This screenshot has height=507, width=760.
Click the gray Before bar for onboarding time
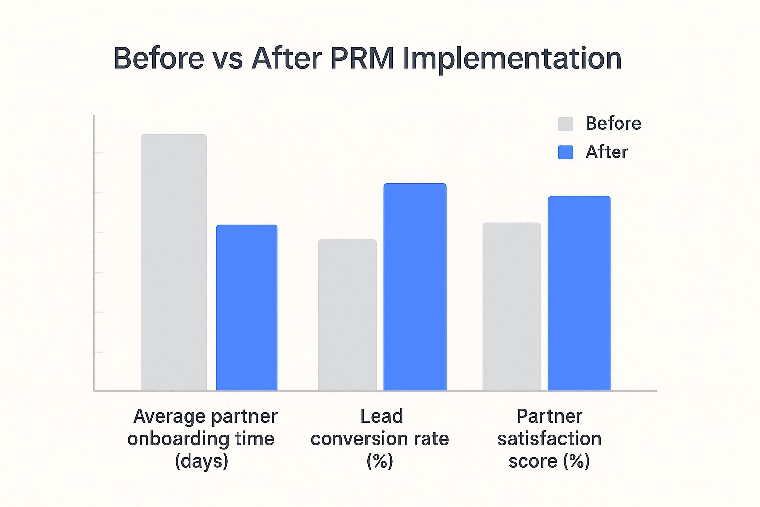point(174,262)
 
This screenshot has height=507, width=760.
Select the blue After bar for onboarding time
point(246,307)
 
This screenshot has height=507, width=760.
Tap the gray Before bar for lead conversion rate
point(347,315)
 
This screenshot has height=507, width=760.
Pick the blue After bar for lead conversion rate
point(415,287)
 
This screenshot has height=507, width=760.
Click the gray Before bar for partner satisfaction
point(512,306)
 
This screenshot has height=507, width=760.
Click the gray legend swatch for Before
point(566,124)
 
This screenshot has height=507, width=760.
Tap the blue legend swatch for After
point(566,152)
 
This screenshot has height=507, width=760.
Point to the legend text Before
point(613,123)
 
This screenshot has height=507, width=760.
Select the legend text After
point(607,152)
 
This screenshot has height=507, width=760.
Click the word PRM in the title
point(362,58)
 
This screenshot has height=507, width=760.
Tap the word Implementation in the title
point(512,59)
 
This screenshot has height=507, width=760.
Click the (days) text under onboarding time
point(201,461)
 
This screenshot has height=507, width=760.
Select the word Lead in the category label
point(381,416)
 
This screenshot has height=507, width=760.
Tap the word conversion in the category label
point(359,439)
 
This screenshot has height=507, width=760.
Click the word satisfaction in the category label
point(549,439)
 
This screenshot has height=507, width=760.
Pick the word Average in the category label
point(163,416)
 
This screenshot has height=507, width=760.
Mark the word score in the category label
point(532,461)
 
